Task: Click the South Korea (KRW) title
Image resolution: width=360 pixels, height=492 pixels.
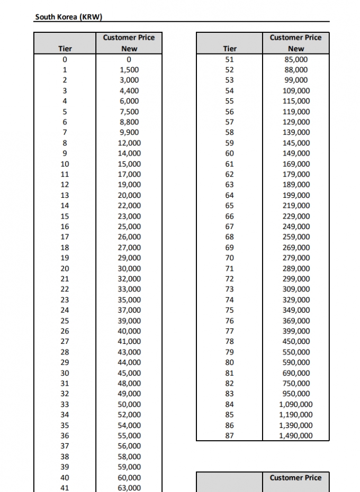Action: [x=68, y=17]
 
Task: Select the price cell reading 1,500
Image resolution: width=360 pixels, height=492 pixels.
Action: [x=129, y=70]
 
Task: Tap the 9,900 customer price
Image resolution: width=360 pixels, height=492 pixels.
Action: [x=129, y=132]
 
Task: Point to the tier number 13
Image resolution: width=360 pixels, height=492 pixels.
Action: [x=65, y=195]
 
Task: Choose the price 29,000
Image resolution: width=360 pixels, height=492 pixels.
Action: [x=129, y=258]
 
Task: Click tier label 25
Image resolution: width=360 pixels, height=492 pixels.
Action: [x=65, y=321]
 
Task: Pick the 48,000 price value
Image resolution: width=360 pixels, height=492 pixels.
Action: [x=129, y=384]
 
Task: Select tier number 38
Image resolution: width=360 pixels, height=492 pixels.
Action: [x=65, y=457]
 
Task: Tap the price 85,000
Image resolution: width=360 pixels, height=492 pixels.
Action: [x=296, y=59]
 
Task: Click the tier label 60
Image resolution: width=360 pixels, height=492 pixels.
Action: [x=229, y=153]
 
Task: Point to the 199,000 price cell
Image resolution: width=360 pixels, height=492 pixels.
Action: [x=296, y=195]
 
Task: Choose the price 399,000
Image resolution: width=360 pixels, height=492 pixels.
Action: [x=296, y=331]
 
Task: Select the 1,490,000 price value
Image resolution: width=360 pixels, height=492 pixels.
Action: [x=296, y=436]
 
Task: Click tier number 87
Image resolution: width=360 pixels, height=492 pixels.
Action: [x=229, y=436]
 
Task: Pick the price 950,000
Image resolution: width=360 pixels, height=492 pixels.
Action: [x=296, y=394]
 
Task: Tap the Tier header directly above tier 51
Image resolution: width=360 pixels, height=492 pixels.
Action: [x=229, y=49]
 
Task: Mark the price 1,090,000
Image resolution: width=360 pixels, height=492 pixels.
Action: [x=296, y=405]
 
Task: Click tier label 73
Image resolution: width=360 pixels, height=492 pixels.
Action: [x=229, y=289]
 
